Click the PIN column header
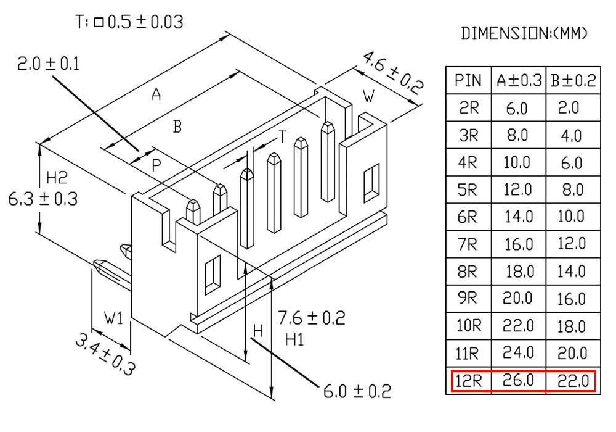[468, 80]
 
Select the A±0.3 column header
[519, 80]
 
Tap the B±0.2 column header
[573, 80]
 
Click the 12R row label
[468, 381]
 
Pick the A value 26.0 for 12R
[518, 380]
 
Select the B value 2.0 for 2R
[569, 107]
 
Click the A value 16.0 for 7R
[519, 244]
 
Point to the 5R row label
[468, 189]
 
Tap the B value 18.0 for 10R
[572, 326]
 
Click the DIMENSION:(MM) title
[524, 33]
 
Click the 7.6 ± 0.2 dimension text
[312, 318]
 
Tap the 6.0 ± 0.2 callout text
[357, 391]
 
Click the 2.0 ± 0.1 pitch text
[48, 64]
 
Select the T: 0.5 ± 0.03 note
[129, 22]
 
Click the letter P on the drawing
[156, 165]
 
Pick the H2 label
[57, 178]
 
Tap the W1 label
[114, 317]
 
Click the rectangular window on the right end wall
[371, 183]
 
